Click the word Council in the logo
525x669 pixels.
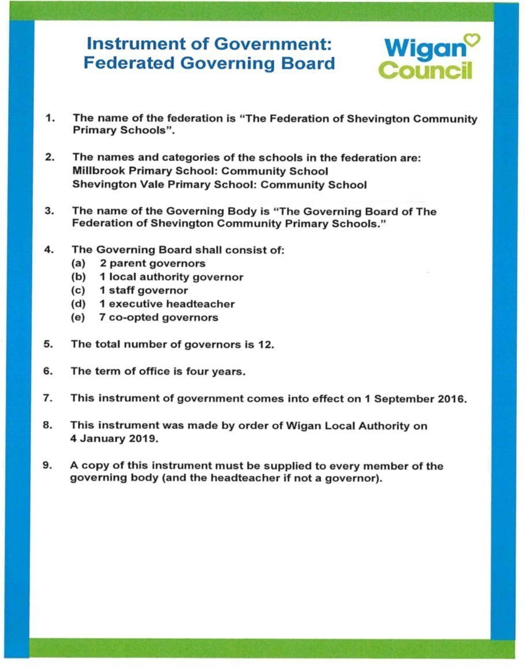[426, 70]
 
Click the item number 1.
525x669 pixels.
[50, 118]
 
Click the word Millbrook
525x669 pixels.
[98, 171]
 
